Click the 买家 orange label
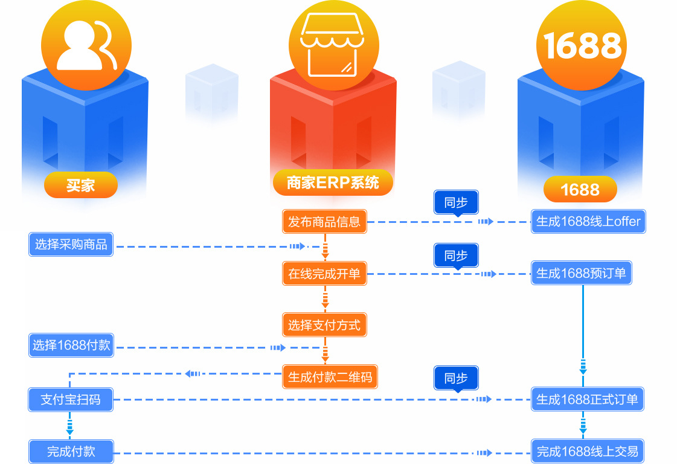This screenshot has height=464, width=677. (80, 185)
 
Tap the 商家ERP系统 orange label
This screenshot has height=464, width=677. (333, 182)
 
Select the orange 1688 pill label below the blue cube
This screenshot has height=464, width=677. (580, 190)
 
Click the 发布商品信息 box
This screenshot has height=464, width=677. (324, 222)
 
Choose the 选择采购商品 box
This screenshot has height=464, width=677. (71, 245)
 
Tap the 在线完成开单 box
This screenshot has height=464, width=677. (324, 274)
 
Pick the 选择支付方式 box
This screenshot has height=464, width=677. (324, 326)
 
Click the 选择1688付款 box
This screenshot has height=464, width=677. (71, 346)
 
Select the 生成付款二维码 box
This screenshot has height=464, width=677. (330, 378)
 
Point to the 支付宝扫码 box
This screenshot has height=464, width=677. (71, 399)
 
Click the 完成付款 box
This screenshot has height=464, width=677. (71, 451)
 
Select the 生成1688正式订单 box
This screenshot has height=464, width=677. (587, 399)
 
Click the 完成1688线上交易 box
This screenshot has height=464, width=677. (587, 451)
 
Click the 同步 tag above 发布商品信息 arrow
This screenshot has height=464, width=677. (456, 202)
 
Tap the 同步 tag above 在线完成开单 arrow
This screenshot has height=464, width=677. (456, 256)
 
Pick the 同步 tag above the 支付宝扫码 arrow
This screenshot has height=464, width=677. (456, 378)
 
